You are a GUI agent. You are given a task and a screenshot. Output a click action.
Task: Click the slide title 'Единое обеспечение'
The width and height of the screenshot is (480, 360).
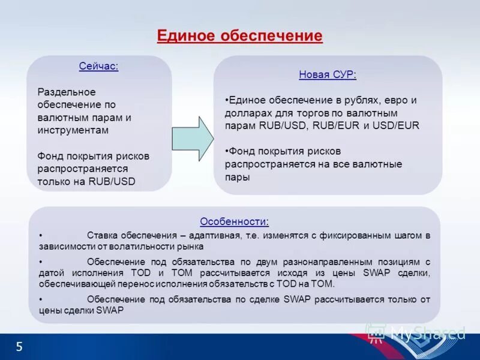pyautogui.click(x=239, y=35)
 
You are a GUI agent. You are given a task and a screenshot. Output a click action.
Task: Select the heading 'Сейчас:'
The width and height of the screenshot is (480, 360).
pyautogui.click(x=99, y=66)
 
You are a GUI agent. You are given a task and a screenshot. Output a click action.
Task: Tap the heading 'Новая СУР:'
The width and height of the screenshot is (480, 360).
pyautogui.click(x=328, y=75)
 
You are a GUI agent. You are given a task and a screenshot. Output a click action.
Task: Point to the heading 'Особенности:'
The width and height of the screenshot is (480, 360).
pyautogui.click(x=234, y=221)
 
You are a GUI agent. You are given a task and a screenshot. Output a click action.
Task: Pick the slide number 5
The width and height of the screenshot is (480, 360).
pyautogui.click(x=19, y=346)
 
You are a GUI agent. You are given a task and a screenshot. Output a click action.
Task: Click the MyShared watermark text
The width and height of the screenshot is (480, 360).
pyautogui.click(x=427, y=333)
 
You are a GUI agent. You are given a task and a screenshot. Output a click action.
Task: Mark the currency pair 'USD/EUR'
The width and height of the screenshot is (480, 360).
pyautogui.click(x=396, y=125)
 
